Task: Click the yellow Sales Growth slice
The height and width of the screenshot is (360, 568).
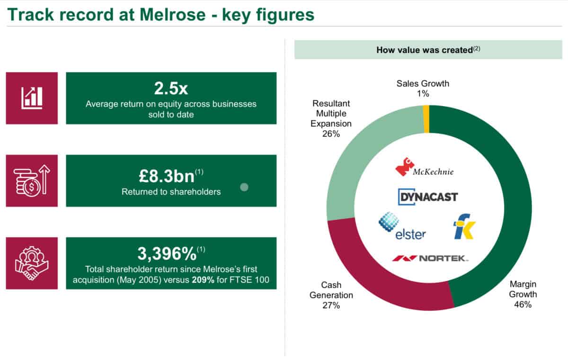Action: (426, 119)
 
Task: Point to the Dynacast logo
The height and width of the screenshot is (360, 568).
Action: (428, 197)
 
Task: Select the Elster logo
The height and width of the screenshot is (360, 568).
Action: (402, 226)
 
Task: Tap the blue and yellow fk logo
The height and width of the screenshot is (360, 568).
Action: (464, 226)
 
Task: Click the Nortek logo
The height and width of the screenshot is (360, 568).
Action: (430, 258)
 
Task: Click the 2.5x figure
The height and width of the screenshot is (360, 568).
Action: (171, 89)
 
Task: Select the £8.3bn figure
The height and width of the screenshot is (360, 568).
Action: (167, 176)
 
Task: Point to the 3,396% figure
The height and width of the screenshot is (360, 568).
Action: (167, 254)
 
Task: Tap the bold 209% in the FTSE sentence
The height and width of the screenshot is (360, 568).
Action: (203, 280)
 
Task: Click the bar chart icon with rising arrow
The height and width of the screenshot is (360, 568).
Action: (32, 98)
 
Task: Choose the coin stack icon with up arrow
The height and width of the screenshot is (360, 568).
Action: (32, 180)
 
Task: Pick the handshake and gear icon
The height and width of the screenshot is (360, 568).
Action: (32, 263)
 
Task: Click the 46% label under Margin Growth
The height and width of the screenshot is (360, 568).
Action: (523, 305)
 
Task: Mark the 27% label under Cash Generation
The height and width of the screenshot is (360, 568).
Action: (331, 306)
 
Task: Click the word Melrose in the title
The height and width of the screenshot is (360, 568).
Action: (173, 15)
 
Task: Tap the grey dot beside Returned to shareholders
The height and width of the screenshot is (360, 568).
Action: (244, 187)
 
